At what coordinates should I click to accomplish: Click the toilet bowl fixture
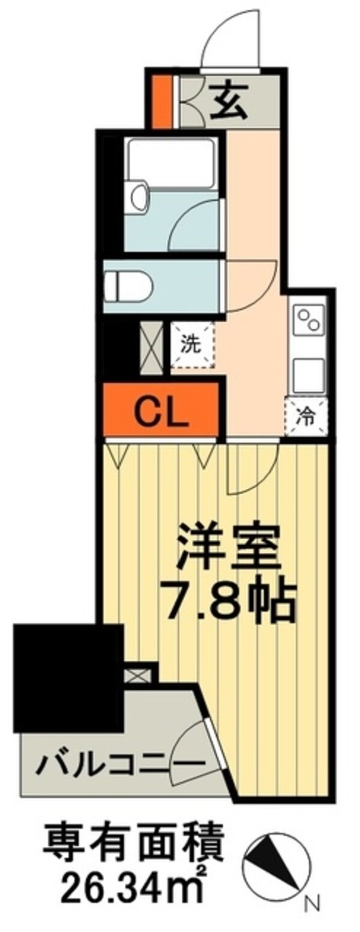127,285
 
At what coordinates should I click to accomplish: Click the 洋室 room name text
229,546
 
